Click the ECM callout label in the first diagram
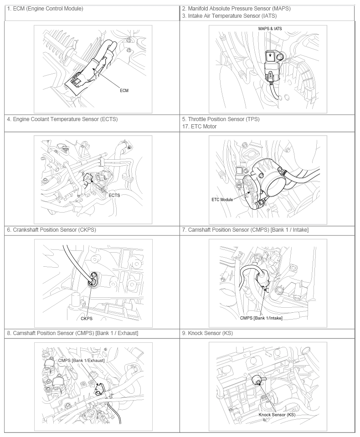click(124, 91)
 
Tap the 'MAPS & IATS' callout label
click(270, 29)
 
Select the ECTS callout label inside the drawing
click(114, 195)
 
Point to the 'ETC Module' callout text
click(222, 199)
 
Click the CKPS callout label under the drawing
click(87, 319)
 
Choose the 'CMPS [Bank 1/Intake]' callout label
click(261, 318)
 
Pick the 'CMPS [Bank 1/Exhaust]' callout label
click(81, 361)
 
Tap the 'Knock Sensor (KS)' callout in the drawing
click(277, 415)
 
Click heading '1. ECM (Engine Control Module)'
click(45, 9)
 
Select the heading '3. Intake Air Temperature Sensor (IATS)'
click(229, 16)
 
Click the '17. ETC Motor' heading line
click(199, 127)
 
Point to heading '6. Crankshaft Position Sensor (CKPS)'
click(51, 230)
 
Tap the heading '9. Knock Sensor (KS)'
click(207, 333)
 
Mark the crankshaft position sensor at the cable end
click(93, 279)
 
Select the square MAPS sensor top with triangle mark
click(270, 56)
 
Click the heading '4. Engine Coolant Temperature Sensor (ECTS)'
click(62, 119)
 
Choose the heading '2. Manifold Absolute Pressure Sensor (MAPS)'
click(237, 9)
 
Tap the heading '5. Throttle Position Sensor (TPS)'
click(221, 119)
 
